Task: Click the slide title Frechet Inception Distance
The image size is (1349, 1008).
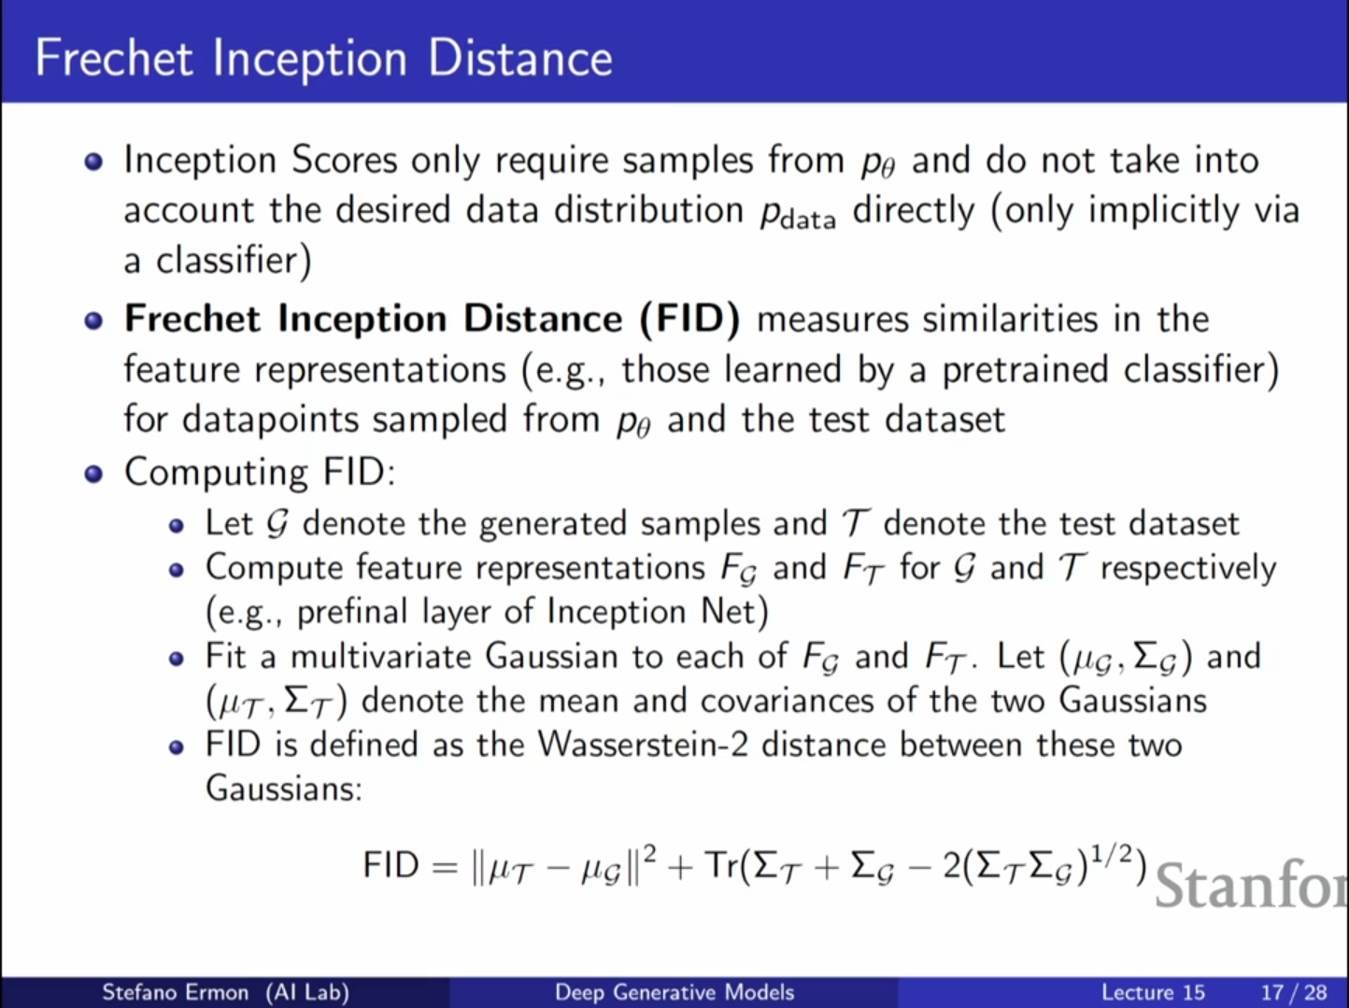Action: pyautogui.click(x=324, y=59)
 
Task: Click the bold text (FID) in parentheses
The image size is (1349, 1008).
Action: pyautogui.click(x=689, y=319)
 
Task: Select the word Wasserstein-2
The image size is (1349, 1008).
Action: pyautogui.click(x=644, y=745)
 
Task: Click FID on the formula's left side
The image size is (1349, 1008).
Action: pyautogui.click(x=390, y=864)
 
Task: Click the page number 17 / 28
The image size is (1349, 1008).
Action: pyautogui.click(x=1294, y=992)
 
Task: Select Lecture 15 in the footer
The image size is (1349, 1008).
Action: pyautogui.click(x=1153, y=992)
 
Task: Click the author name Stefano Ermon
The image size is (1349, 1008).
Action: pyautogui.click(x=175, y=992)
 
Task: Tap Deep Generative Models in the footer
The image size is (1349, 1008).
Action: pyautogui.click(x=674, y=992)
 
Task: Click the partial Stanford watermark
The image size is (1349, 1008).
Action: pyautogui.click(x=1251, y=884)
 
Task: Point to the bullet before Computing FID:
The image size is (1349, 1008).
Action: pyautogui.click(x=93, y=475)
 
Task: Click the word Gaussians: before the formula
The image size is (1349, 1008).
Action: pyautogui.click(x=284, y=788)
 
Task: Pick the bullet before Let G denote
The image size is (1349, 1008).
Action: pyautogui.click(x=177, y=526)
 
